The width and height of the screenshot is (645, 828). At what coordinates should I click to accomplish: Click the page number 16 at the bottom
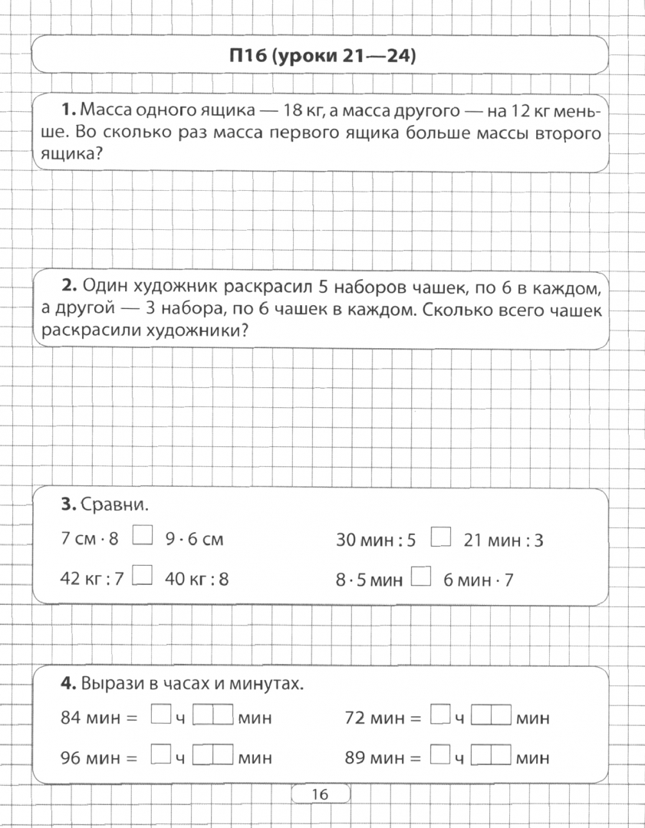[x=320, y=795]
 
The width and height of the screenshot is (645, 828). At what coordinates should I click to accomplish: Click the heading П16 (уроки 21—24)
[x=321, y=56]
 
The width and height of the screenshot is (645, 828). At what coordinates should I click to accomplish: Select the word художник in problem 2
[x=177, y=287]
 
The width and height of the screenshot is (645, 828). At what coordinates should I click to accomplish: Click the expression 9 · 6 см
[x=194, y=540]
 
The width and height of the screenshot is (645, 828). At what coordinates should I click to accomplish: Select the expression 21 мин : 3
[x=504, y=540]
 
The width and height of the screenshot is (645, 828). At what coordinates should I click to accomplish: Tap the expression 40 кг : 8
[x=196, y=579]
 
